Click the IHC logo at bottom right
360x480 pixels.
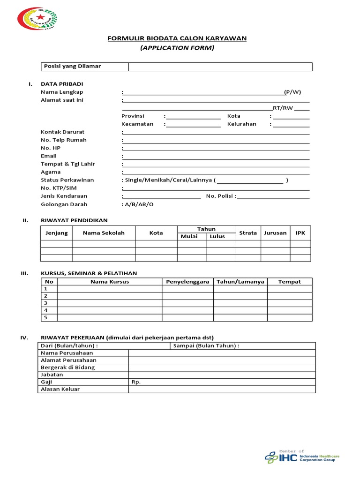click(x=302, y=457)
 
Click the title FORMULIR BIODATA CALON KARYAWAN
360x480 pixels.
click(x=177, y=38)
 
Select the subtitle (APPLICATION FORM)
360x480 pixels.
click(x=177, y=48)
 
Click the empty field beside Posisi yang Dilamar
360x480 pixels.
click(x=220, y=67)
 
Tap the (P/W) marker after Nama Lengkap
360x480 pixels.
click(x=292, y=92)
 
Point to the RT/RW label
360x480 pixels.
click(x=283, y=108)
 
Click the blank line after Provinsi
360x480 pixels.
click(x=193, y=116)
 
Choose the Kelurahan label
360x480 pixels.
click(x=241, y=124)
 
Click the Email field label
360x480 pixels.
click(x=49, y=156)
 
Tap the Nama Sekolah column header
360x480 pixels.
click(x=104, y=233)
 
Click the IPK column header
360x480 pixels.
click(x=300, y=233)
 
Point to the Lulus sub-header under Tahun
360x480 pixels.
click(x=217, y=237)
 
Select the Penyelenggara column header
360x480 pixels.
click(x=187, y=282)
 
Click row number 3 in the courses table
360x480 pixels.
click(x=46, y=303)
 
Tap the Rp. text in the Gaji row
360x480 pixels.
click(x=136, y=382)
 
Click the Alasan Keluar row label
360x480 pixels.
click(x=60, y=389)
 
